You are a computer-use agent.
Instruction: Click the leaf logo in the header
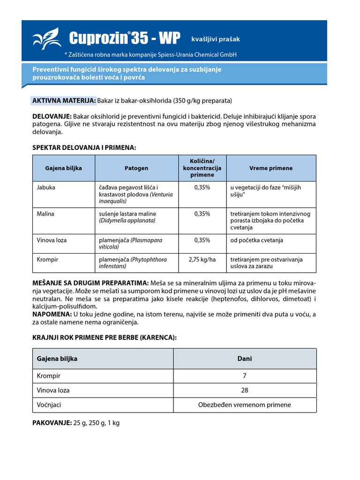click(x=47, y=38)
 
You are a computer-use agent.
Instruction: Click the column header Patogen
click(x=136, y=168)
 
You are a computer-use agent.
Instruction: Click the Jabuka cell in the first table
click(x=46, y=187)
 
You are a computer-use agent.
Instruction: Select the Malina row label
click(x=45, y=214)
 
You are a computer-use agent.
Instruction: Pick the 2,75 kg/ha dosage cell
click(x=202, y=259)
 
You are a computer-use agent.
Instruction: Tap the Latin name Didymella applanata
click(x=127, y=220)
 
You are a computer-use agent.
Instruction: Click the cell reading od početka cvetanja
click(x=256, y=240)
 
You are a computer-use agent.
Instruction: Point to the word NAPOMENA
click(x=52, y=314)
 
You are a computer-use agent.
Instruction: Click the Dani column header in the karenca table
click(x=245, y=359)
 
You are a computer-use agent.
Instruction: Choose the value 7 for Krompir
click(x=245, y=376)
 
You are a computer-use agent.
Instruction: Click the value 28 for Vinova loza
click(x=245, y=390)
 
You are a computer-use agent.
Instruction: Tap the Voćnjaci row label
click(x=49, y=405)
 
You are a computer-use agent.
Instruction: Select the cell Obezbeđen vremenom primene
click(x=245, y=405)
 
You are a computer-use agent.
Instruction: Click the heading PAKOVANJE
click(x=52, y=423)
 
